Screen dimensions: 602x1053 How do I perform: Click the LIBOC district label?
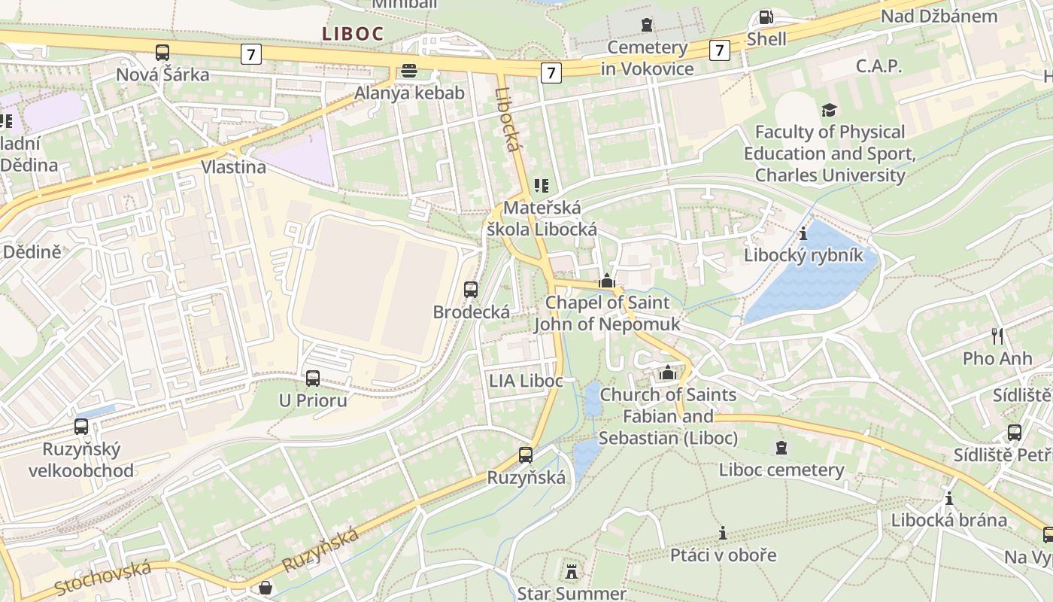tap(353, 33)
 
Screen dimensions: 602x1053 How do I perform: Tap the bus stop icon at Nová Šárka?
tap(162, 53)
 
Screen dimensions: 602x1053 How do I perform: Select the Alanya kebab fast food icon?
tap(410, 71)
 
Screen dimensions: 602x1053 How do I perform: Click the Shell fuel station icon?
tap(766, 17)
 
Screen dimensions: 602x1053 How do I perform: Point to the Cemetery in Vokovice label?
tap(647, 58)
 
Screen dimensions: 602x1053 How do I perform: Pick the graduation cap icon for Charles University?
tap(829, 110)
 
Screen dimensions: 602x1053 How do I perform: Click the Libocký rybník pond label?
tap(803, 255)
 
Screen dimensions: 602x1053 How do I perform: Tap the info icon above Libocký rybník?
tap(803, 233)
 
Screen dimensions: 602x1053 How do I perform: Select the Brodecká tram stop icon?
tap(471, 289)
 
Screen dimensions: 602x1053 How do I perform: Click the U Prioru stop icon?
tap(313, 378)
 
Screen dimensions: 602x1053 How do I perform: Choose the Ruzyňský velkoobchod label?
tap(81, 460)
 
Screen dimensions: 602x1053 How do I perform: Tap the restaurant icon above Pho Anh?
tap(997, 336)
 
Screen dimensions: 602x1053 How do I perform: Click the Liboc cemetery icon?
tap(781, 448)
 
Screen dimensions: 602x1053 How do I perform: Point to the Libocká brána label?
tap(948, 520)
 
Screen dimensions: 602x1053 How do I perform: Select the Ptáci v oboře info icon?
tap(723, 533)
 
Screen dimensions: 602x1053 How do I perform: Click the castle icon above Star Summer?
tap(572, 571)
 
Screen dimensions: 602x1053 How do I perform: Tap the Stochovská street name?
tap(102, 577)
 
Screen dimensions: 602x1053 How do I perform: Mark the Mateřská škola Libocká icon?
tap(542, 185)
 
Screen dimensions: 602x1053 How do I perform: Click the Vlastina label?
tap(233, 167)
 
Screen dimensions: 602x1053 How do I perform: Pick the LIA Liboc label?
tap(526, 381)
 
